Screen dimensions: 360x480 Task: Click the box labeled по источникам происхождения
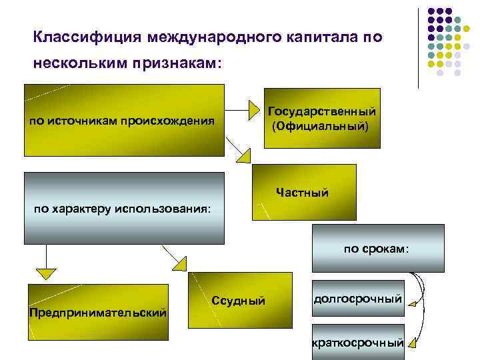pos(124,121)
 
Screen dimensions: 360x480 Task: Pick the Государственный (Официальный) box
pos(323,118)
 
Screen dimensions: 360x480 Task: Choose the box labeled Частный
pos(304,193)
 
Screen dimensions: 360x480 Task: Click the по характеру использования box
pos(124,209)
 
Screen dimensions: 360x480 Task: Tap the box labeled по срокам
pos(377,248)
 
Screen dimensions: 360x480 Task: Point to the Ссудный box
pos(239,301)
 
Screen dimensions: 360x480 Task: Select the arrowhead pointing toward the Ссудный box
pos(179,264)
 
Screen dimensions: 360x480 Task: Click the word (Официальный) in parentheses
pos(319,125)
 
